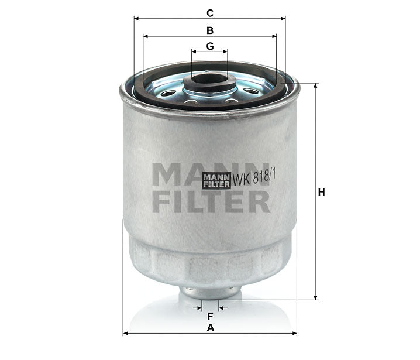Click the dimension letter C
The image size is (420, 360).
pyautogui.click(x=209, y=12)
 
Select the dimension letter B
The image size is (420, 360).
pyautogui.click(x=209, y=29)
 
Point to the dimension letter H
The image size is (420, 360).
pyautogui.click(x=321, y=191)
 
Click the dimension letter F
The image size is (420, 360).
pyautogui.click(x=209, y=316)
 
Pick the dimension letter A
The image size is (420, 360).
pyautogui.click(x=210, y=328)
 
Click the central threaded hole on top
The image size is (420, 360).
pyautogui.click(x=209, y=78)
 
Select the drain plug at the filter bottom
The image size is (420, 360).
pyautogui.click(x=209, y=292)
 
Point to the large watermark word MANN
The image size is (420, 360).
pyautogui.click(x=211, y=173)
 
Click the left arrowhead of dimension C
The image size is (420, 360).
pyautogui.click(x=137, y=18)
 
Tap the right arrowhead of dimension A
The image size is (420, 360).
pyautogui.click(x=294, y=334)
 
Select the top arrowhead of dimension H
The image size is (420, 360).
pyautogui.click(x=316, y=85)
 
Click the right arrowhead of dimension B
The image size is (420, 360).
pyautogui.click(x=274, y=36)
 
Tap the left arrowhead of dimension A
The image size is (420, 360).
pyautogui.click(x=126, y=334)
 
